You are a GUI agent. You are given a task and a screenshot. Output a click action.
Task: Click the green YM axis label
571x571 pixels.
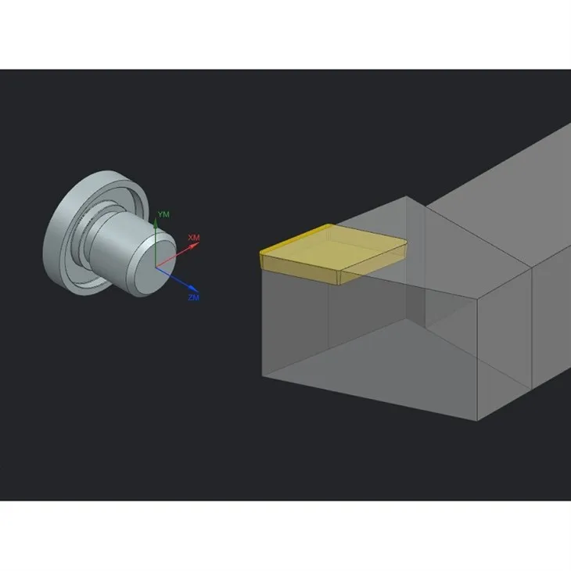[x=163, y=214]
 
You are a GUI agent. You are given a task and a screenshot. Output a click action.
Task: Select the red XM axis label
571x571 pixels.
[x=194, y=237]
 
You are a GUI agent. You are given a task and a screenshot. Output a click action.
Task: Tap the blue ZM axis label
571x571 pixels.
[x=193, y=298]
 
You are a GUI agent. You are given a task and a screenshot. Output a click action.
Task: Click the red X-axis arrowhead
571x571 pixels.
[x=196, y=245]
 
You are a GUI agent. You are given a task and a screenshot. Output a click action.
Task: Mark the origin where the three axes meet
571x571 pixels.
[x=156, y=267]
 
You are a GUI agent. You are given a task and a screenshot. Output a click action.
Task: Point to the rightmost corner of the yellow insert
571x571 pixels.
[x=406, y=242]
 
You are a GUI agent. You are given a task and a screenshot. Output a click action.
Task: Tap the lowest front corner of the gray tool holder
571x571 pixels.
[x=478, y=420]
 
